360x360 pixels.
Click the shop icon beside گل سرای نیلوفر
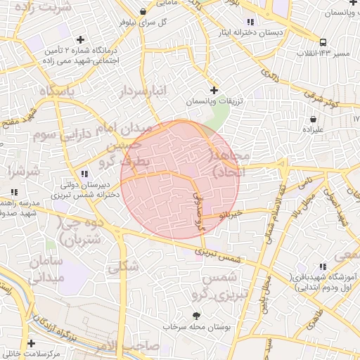click(x=143, y=11)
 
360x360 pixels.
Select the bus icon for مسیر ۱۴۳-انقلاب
click(x=323, y=42)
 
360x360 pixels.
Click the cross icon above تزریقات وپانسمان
click(x=214, y=90)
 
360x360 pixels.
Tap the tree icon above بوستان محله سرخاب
click(x=196, y=316)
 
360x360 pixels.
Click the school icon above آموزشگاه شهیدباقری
click(x=323, y=266)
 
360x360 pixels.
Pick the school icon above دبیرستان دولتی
click(x=84, y=174)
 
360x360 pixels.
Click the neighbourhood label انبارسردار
click(x=143, y=91)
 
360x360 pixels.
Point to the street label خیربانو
click(x=231, y=214)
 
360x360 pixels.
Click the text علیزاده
click(x=313, y=129)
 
